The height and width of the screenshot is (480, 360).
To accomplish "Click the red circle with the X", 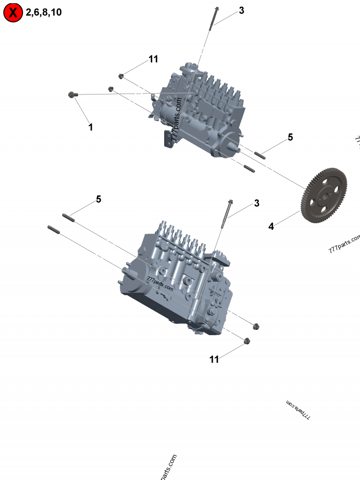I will [x=13, y=13].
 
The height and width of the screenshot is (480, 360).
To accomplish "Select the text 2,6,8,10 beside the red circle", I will [x=43, y=13].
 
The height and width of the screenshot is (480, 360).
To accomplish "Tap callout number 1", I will [x=90, y=127].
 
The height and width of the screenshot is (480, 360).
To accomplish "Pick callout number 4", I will [x=271, y=226].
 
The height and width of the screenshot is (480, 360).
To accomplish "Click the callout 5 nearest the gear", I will [x=290, y=137].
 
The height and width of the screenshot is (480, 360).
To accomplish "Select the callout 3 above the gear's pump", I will [x=242, y=10].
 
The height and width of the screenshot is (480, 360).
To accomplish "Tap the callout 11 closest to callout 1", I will [x=153, y=59].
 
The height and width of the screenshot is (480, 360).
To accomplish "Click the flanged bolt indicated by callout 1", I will [x=72, y=94].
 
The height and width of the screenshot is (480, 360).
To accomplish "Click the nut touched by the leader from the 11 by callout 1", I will [x=121, y=76].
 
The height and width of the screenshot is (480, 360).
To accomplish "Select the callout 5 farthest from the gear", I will [x=98, y=199].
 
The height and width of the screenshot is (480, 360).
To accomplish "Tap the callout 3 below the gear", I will [x=256, y=203].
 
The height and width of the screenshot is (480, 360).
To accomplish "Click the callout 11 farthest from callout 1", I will [x=214, y=359].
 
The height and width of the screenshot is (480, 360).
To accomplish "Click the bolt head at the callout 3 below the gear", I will [x=230, y=202].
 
